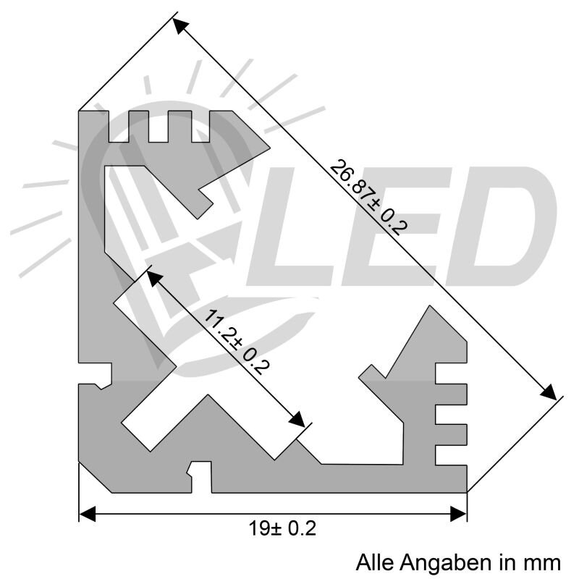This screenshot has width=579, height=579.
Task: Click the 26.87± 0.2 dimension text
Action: point(368,196)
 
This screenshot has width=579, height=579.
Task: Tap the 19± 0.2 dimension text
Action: point(282,529)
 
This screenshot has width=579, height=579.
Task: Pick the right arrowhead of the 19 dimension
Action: point(458,514)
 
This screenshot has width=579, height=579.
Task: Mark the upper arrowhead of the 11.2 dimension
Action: point(153,276)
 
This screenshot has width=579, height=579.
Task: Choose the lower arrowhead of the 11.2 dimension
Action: point(297,420)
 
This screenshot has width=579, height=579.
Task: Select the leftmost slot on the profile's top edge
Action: point(118,127)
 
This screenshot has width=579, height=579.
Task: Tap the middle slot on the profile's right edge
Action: point(451,414)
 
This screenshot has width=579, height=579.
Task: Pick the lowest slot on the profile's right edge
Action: point(451,454)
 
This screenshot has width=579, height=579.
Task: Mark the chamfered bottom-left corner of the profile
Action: point(94,477)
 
